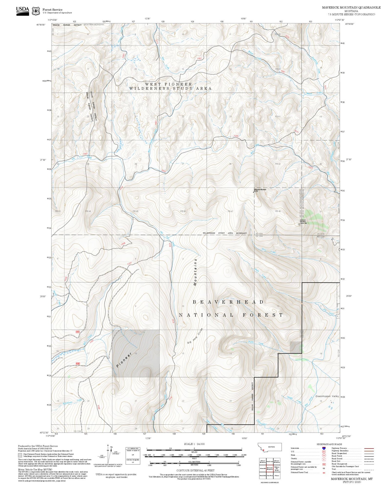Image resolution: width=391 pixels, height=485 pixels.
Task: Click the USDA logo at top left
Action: click(x=22, y=11)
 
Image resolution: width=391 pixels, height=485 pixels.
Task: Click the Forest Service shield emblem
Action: click(x=36, y=11)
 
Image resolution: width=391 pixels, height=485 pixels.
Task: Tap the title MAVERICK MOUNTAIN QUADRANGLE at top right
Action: click(x=351, y=8)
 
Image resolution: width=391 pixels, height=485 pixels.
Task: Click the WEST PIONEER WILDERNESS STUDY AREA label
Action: click(x=170, y=86)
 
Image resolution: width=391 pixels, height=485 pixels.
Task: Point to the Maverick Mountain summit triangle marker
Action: click(x=254, y=192)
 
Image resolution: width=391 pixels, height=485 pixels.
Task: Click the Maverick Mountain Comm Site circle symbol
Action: click(x=299, y=224)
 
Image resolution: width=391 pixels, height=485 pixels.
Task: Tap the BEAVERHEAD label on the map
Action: click(x=228, y=302)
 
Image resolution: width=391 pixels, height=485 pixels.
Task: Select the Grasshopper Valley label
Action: click(x=327, y=396)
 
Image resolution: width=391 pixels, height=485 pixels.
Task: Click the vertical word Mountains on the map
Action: click(x=195, y=272)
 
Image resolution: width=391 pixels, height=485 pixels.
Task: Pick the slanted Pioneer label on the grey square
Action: click(x=124, y=360)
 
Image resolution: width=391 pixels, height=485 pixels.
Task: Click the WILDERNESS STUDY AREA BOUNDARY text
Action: click(x=225, y=233)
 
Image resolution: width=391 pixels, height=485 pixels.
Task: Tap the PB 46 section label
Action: click(x=183, y=211)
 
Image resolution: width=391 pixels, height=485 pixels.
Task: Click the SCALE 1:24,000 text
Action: click(x=194, y=444)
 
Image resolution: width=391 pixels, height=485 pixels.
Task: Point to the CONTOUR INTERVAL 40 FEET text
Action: click(x=194, y=470)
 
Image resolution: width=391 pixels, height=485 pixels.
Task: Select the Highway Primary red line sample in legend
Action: click(x=369, y=448)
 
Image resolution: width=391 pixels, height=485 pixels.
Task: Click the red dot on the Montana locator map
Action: click(x=263, y=450)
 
